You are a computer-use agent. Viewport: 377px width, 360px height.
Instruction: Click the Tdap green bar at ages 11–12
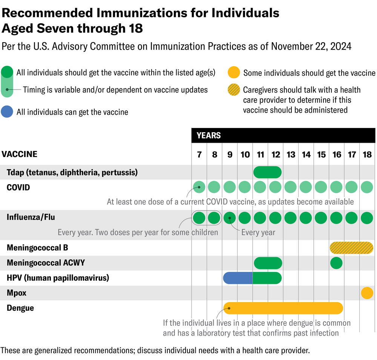267,172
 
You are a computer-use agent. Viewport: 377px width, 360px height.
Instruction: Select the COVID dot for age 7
199,187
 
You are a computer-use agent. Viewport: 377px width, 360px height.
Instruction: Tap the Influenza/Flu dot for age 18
367,218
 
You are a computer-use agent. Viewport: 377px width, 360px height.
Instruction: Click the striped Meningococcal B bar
351,248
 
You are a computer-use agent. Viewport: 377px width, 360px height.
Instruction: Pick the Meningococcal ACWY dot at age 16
336,263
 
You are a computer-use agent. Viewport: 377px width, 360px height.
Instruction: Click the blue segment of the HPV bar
238,278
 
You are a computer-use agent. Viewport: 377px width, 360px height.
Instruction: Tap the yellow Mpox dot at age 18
367,293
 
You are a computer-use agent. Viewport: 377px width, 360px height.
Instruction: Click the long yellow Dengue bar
283,308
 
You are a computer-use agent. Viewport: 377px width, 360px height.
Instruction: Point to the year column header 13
291,154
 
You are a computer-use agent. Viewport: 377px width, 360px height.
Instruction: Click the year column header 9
230,154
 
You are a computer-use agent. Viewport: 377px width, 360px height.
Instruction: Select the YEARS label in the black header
208,136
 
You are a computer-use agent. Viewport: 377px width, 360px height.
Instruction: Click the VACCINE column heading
19,154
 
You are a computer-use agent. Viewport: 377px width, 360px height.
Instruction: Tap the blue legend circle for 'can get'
8,112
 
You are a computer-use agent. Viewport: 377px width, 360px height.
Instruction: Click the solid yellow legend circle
234,72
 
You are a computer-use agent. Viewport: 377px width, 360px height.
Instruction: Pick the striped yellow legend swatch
234,90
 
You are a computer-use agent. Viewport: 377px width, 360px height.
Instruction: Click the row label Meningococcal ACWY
46,263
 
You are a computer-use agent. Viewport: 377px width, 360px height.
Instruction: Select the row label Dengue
20,308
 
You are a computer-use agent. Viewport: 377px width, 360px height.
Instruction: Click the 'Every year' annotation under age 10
258,232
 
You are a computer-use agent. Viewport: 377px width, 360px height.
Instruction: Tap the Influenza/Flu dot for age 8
214,218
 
